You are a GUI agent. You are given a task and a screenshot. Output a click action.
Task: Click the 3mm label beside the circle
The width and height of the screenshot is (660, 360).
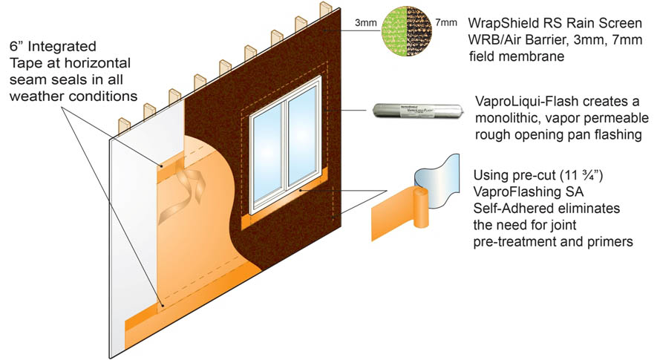(366, 24)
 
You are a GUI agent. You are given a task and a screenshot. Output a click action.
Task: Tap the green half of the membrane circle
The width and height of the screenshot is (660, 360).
(393, 30)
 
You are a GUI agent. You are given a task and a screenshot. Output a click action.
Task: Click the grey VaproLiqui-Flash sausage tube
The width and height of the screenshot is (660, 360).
(416, 111)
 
